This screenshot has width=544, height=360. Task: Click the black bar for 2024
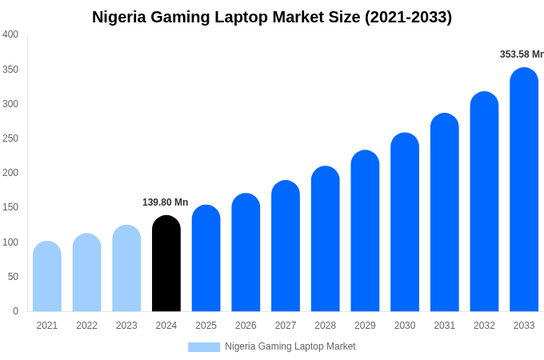pos(166,264)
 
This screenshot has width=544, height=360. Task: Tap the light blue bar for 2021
pos(47,277)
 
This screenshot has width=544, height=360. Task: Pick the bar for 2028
pos(325,239)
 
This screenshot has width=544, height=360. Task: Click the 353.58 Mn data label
pos(522,54)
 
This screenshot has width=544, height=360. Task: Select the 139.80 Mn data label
pos(166,202)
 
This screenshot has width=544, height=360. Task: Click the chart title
pos(272,17)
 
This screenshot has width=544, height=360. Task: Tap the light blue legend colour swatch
pos(204,346)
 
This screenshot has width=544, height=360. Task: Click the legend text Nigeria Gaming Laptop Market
pos(290,346)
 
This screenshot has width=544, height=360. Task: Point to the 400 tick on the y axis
pos(10,34)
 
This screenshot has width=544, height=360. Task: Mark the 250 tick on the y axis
pos(10,138)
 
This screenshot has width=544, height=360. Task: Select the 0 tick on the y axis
pos(15,311)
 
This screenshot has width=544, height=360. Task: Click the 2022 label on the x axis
pos(86,326)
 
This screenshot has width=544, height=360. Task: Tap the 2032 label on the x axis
pos(484,326)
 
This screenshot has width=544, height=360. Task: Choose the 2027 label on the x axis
pos(286,326)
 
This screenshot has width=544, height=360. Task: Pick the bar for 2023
pos(126,269)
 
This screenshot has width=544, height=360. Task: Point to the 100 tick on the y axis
pos(10,242)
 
